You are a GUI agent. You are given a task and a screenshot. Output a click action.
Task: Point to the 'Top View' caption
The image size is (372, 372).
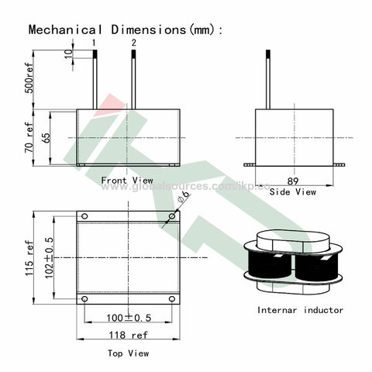(x=128, y=353)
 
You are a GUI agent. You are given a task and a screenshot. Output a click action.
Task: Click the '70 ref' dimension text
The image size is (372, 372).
(x=29, y=138)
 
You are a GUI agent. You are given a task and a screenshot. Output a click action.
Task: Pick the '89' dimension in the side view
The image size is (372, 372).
(x=292, y=177)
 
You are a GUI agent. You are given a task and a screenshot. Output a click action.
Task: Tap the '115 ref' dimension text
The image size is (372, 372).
(x=29, y=257)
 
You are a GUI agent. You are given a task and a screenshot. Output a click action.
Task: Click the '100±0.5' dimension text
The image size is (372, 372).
(x=128, y=318)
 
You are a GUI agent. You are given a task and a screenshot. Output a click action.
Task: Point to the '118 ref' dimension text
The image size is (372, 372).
(x=128, y=335)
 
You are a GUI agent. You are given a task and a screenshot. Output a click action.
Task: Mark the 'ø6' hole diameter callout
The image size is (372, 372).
(x=184, y=199)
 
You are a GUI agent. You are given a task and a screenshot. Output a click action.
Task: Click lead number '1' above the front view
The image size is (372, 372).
(x=95, y=41)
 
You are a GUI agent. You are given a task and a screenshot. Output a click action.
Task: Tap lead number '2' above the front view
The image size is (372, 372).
(x=133, y=41)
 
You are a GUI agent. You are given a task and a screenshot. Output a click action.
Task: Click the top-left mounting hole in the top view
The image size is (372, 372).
(x=85, y=215)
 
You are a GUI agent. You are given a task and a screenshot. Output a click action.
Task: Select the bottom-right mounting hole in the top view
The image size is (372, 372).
(x=171, y=298)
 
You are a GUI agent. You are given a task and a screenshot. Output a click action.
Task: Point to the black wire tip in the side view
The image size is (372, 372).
(x=268, y=54)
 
